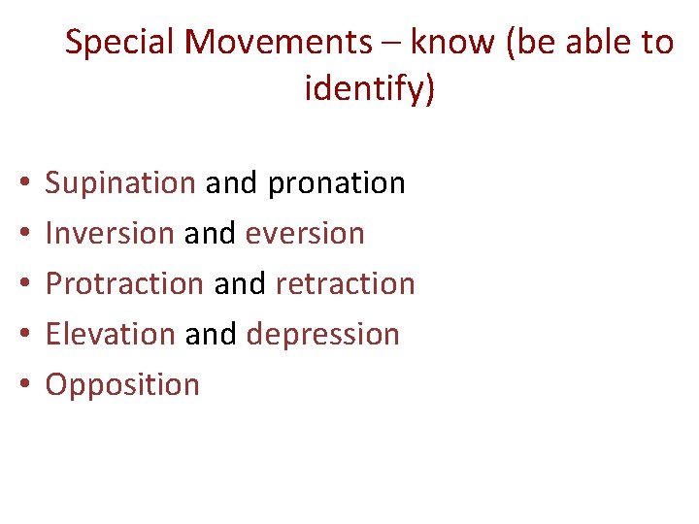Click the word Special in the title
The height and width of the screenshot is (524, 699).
[x=119, y=43]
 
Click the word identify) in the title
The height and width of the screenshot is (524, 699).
[x=371, y=89]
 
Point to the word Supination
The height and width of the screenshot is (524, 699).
[x=120, y=182]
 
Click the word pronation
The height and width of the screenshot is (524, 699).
[x=337, y=182]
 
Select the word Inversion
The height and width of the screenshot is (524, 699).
[x=110, y=233]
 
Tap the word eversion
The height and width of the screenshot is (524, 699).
[x=306, y=233]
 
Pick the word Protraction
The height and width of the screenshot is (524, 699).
[x=124, y=283]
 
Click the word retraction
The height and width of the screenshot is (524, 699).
[x=346, y=283]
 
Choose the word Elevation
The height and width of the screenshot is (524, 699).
[x=111, y=334]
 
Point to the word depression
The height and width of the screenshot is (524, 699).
[x=323, y=334]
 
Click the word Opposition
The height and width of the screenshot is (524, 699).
[x=122, y=384]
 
